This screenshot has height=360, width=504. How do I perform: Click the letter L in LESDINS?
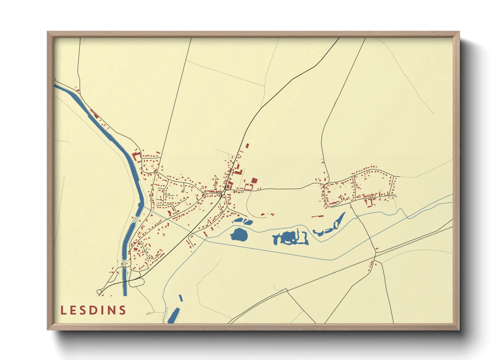coord(63,310)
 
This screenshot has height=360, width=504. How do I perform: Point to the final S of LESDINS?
coord(123,310)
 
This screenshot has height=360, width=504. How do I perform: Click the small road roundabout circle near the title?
coord(99,292)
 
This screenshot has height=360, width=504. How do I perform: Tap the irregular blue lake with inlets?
coord(289,238)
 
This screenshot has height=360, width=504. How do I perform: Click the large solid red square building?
coord(254,181)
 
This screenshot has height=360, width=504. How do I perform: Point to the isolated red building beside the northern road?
coord(247,146)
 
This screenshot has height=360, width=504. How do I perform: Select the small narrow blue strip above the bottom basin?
coord(181,298)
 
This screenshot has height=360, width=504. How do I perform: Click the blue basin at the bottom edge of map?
coord(173,316)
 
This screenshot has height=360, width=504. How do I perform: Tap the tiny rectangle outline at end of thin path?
coord(148,313)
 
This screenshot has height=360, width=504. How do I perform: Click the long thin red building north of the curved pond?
coord(318,216)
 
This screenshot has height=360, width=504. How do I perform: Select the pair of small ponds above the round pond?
coord(243,222)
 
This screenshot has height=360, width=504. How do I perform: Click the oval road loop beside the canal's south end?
coord(136,282)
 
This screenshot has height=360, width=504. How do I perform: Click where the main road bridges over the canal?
coord(125,281)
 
